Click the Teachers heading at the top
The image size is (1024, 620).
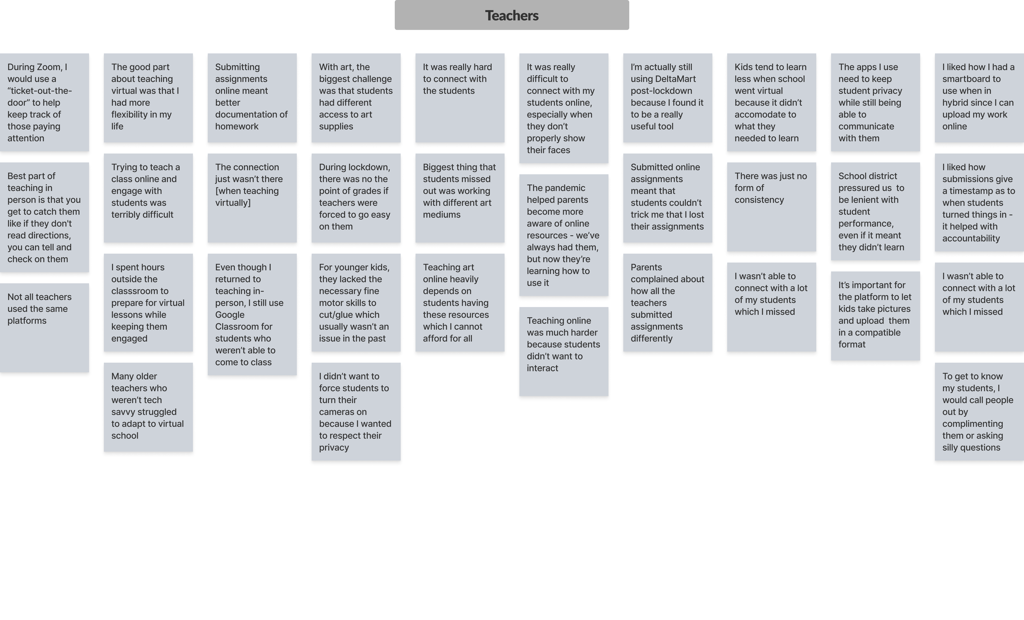click(512, 15)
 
